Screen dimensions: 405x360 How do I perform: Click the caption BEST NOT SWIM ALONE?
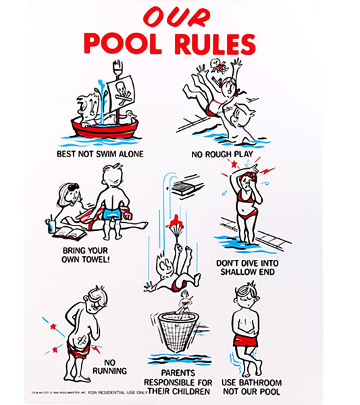pyautogui.click(x=100, y=153)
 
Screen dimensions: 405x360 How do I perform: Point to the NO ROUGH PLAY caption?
pyautogui.click(x=223, y=154)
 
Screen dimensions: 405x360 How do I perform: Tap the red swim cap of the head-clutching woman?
pyautogui.click(x=249, y=178)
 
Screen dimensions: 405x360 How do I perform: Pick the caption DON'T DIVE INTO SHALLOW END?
pyautogui.click(x=245, y=267)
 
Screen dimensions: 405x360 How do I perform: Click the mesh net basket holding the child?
pyautogui.click(x=178, y=331)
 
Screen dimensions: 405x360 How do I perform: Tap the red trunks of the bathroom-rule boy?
pyautogui.click(x=246, y=339)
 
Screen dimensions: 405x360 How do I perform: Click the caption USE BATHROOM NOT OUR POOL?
pyautogui.click(x=251, y=387)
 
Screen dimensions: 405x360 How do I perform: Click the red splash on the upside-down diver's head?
pyautogui.click(x=177, y=221)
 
